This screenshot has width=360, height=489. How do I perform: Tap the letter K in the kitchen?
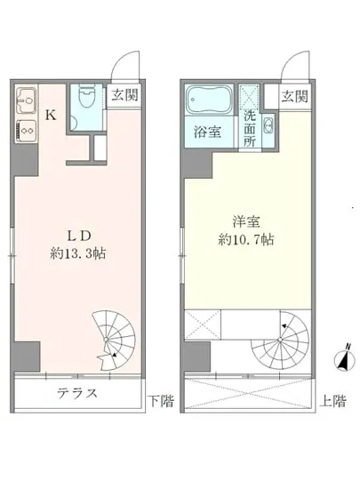point(51,115)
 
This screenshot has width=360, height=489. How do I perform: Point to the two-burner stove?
point(24,128)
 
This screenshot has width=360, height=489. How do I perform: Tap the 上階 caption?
point(333,401)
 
